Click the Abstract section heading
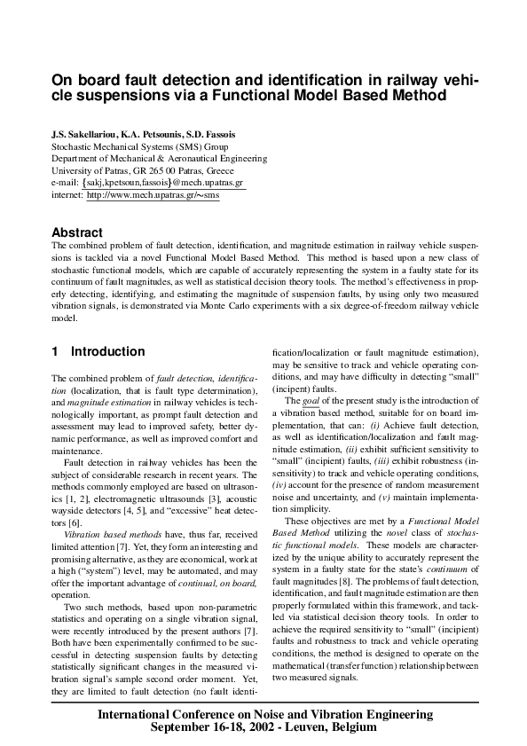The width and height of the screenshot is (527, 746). click(x=77, y=232)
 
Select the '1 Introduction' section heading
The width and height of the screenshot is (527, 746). click(x=98, y=351)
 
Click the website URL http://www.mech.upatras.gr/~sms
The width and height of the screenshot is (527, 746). click(x=153, y=196)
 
